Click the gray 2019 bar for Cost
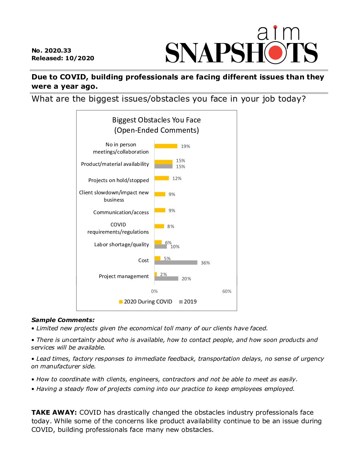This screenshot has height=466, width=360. [x=176, y=262]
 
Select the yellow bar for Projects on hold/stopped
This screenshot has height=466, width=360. [x=161, y=178]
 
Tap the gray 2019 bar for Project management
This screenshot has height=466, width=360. [x=166, y=279]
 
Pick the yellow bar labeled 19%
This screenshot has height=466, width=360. [x=166, y=146]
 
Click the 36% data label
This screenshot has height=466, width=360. [x=205, y=263]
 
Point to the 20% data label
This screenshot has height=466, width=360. [x=186, y=279]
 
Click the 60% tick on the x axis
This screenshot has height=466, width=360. [x=227, y=291]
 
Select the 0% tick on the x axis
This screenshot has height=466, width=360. [x=154, y=291]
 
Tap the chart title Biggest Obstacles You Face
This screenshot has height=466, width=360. [x=157, y=120]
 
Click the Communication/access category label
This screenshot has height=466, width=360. [x=121, y=212]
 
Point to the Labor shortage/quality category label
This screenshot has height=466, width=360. [x=121, y=245]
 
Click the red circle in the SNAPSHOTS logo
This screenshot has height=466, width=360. [x=275, y=53]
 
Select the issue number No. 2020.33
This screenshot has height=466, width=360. [x=51, y=51]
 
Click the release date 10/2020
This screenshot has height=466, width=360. [x=80, y=58]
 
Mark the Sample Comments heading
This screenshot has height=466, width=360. [x=63, y=320]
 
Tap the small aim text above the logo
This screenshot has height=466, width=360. [x=278, y=33]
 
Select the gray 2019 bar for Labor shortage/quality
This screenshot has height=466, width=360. [x=160, y=247]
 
